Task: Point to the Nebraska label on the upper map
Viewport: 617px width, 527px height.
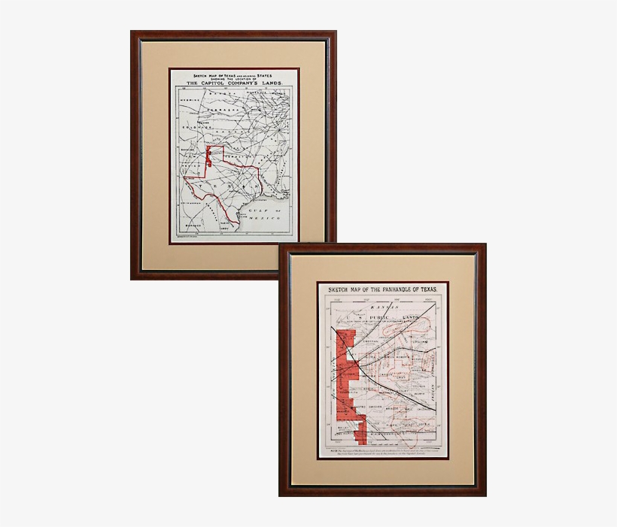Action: point(223,108)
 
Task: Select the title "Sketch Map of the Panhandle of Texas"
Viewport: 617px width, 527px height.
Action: point(383,289)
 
